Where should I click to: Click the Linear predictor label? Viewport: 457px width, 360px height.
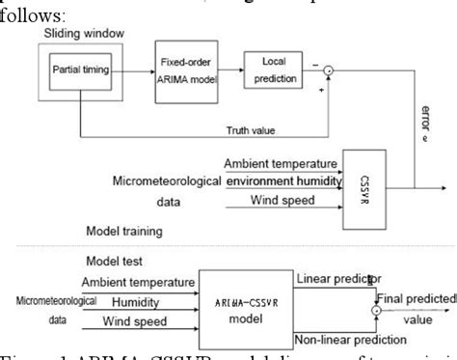pos(338,280)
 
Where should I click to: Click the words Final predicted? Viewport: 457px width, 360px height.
pos(417,298)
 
